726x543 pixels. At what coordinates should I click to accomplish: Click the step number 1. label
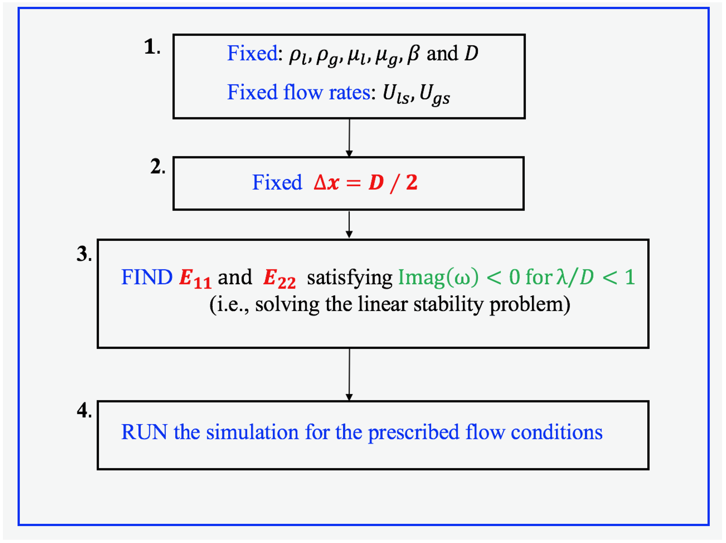(152, 47)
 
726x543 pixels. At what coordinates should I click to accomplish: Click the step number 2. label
(158, 167)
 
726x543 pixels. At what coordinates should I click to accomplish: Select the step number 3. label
(84, 254)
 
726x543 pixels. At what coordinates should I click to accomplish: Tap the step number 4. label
(84, 410)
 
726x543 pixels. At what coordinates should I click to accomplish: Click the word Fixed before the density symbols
(252, 53)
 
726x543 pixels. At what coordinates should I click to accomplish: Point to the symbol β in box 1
(413, 54)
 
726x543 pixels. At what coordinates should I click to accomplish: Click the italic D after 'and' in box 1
(471, 53)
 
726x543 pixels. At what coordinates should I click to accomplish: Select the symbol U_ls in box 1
(396, 94)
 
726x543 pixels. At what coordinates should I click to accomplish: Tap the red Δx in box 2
(326, 182)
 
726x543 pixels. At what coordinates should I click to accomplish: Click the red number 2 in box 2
(412, 182)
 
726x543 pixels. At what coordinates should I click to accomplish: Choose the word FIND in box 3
(147, 277)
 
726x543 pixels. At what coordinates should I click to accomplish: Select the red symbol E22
(279, 279)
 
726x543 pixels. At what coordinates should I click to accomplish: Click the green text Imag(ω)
(438, 278)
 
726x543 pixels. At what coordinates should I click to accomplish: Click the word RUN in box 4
(144, 432)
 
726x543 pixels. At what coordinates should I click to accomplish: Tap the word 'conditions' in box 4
(557, 432)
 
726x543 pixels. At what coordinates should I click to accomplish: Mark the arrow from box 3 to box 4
(349, 374)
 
